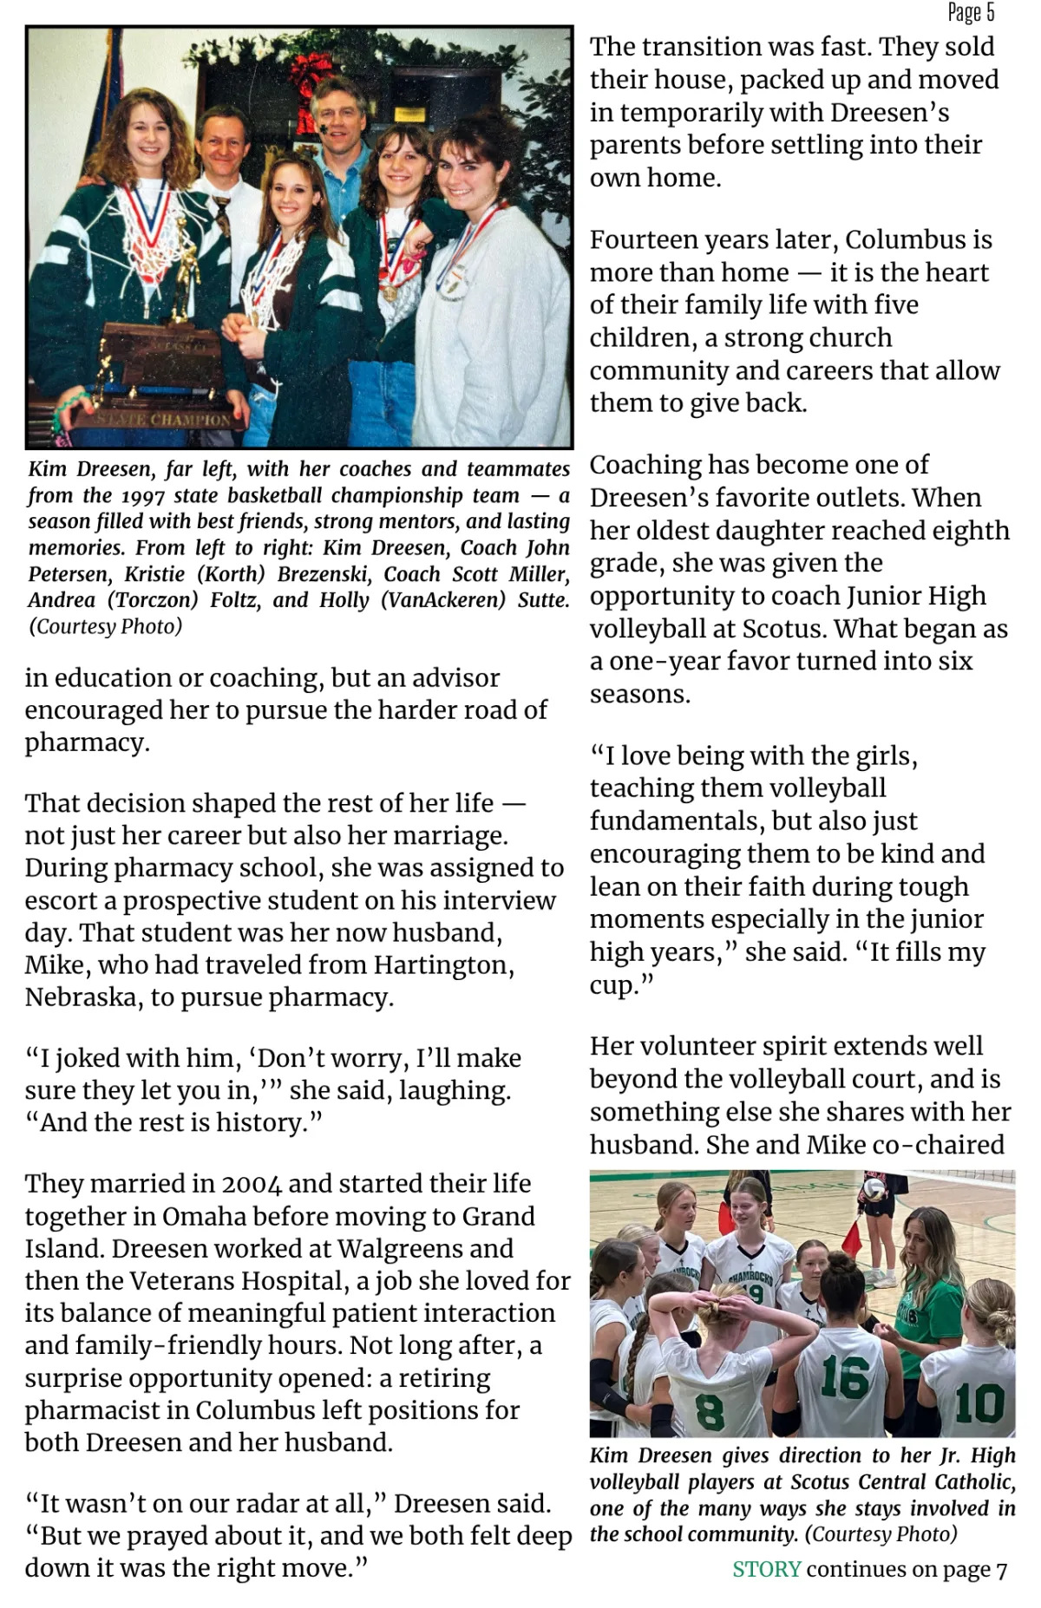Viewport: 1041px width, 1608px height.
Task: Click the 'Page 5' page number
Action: [x=971, y=12]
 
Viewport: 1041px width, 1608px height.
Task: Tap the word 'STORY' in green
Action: [x=766, y=1569]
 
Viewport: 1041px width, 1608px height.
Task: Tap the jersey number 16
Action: [x=844, y=1377]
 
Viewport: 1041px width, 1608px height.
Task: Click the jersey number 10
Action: [x=979, y=1403]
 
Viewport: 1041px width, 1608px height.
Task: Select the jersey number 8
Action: [x=710, y=1411]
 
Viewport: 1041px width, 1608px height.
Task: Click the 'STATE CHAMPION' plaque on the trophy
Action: [x=165, y=420]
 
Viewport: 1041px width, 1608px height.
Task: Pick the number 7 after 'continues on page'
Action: [x=1001, y=1570]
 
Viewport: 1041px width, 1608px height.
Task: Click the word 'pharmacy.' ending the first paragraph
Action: [x=87, y=743]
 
